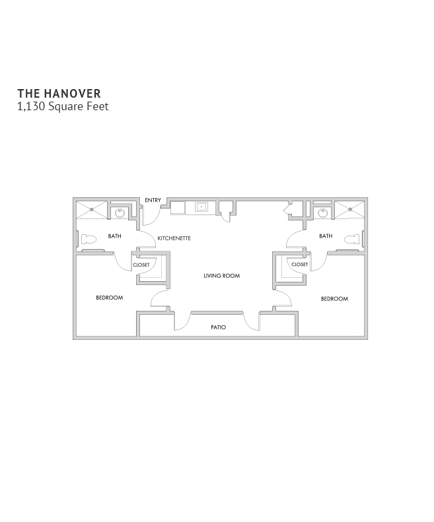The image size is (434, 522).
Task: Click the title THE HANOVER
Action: (59, 94)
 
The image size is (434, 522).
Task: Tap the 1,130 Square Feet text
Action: (63, 106)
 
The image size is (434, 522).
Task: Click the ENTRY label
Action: (153, 200)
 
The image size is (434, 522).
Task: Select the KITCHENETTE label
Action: (174, 238)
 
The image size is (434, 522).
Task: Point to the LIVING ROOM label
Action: (222, 276)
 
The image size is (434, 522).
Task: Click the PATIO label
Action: (219, 327)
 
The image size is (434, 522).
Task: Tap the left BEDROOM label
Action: (110, 298)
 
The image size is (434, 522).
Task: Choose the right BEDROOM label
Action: (334, 299)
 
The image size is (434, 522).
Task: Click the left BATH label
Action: (115, 236)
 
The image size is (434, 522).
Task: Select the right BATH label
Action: (326, 236)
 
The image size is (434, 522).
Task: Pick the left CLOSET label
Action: (141, 265)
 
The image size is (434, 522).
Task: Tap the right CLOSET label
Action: (300, 265)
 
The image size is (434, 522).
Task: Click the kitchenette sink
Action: (201, 207)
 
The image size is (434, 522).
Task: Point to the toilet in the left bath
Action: (88, 239)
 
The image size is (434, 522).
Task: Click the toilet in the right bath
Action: (352, 240)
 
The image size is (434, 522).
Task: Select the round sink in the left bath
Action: (120, 212)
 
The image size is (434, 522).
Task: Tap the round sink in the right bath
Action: (322, 212)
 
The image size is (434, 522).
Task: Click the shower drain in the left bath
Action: (92, 209)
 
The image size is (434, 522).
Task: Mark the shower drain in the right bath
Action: (350, 209)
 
